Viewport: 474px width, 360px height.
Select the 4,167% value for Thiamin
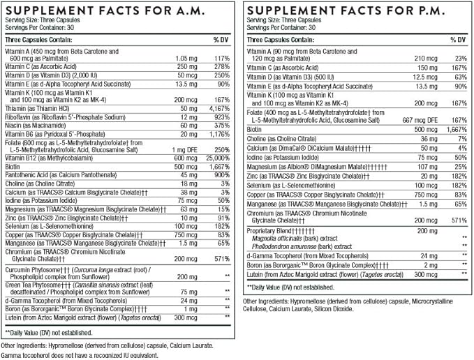pyautogui.click(x=219, y=110)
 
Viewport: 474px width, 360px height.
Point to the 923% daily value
pyautogui.click(x=221, y=117)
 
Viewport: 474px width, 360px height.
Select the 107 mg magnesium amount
pyautogui.click(x=427, y=166)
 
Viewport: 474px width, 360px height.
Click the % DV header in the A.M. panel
pyautogui.click(x=220, y=40)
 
